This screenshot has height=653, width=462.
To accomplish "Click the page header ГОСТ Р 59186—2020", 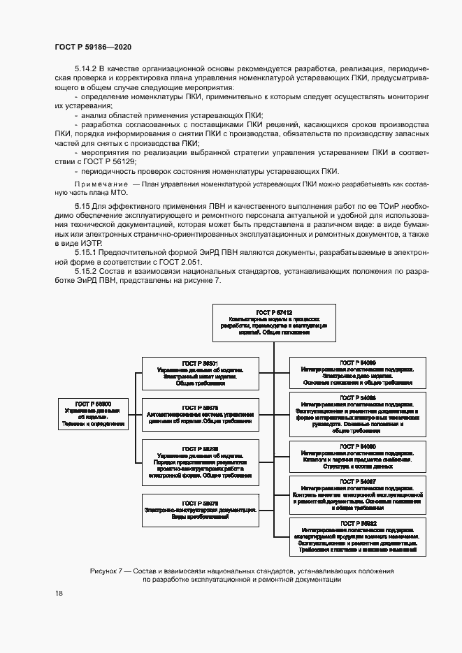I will [x=93, y=46].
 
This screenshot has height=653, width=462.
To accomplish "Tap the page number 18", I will [x=59, y=593].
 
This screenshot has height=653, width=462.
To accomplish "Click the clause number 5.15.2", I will [x=87, y=270].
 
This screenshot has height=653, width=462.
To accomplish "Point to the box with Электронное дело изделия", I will [x=358, y=373].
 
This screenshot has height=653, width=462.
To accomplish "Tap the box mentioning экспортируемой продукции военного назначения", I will [x=358, y=536].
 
